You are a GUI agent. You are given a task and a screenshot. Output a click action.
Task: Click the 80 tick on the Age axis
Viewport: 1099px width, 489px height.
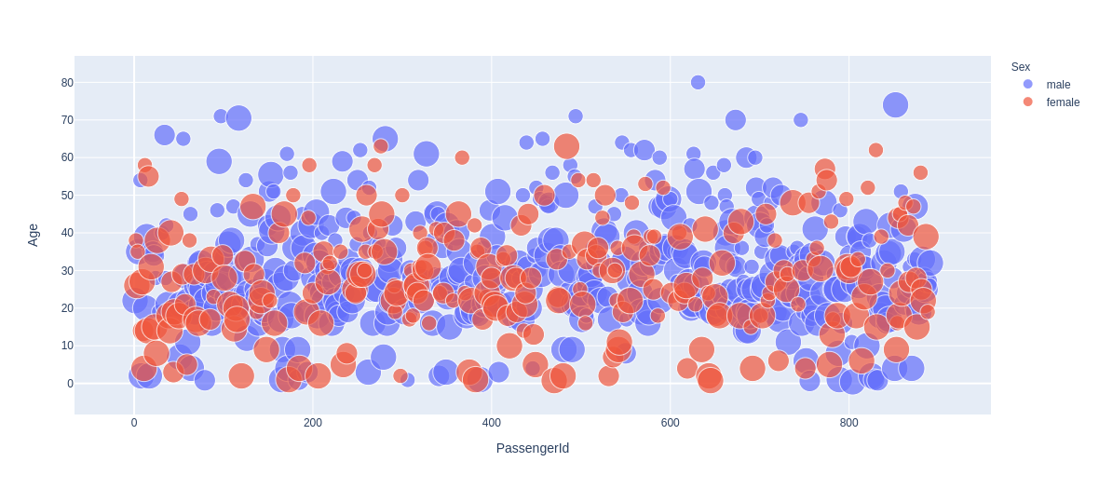point(67,82)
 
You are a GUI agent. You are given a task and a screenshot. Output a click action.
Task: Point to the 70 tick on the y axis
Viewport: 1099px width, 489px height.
point(67,120)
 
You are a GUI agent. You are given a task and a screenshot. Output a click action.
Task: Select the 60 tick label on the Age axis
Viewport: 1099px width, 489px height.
point(67,157)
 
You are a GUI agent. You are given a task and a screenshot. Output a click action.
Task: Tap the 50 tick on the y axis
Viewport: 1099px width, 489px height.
point(67,196)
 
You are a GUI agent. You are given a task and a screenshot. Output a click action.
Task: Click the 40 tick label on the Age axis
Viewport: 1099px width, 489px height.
point(67,233)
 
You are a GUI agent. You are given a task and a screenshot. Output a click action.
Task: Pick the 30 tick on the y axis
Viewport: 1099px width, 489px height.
point(67,270)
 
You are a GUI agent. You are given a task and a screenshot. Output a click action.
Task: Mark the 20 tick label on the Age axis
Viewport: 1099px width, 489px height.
point(67,308)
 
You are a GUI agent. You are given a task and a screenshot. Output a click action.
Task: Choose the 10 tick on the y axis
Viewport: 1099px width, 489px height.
point(67,346)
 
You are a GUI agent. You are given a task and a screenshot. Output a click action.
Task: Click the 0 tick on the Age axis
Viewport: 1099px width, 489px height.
point(70,384)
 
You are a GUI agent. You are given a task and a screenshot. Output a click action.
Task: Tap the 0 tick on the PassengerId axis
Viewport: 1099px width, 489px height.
point(134,423)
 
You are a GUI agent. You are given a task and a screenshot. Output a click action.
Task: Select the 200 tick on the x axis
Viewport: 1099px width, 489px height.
point(313,423)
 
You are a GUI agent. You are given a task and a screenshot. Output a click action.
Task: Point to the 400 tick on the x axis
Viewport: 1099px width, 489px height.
point(492,423)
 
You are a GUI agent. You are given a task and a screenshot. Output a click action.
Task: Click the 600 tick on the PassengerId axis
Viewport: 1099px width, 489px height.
point(671,423)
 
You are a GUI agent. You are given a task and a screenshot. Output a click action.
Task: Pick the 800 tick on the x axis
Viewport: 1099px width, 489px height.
point(849,423)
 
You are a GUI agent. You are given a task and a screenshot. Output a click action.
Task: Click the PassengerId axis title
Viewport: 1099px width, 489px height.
point(532,448)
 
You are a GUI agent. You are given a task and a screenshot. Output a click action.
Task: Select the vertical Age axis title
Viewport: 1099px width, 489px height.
point(34,235)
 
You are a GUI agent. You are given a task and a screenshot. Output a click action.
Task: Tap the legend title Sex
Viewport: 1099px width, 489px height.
point(1021,66)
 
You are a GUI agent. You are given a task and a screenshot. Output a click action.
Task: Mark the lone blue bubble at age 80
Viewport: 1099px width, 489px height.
point(698,82)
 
